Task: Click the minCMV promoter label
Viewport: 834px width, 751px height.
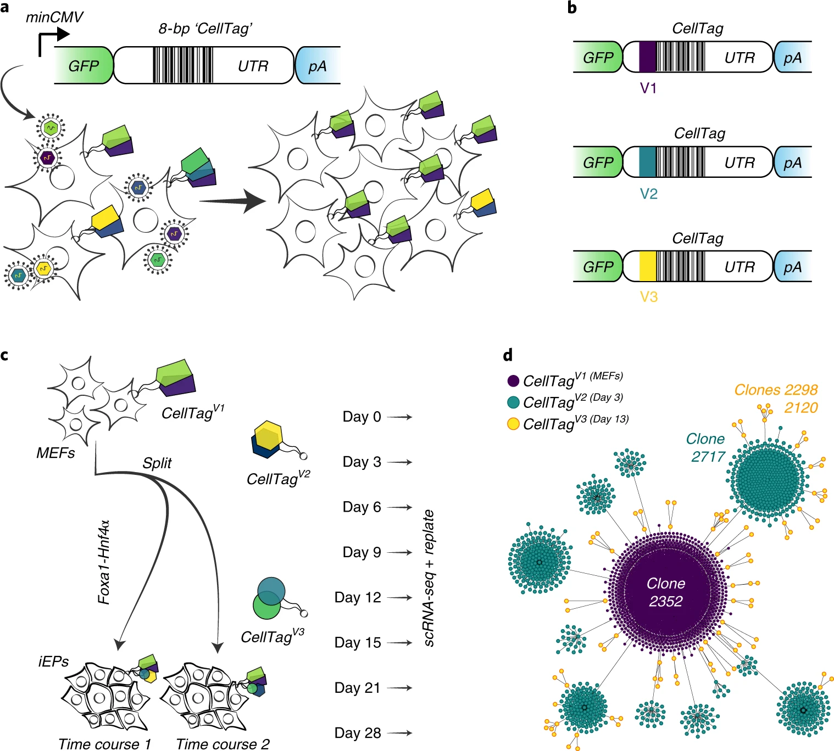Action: [x=54, y=18]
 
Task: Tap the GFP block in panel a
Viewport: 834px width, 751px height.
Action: [x=84, y=65]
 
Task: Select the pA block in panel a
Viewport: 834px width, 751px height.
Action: [x=318, y=65]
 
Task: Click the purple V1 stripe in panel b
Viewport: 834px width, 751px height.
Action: [x=647, y=57]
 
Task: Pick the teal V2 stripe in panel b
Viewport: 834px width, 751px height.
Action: [x=647, y=161]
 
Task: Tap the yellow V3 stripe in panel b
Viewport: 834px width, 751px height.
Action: [x=647, y=266]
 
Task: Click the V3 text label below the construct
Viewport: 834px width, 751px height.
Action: [x=648, y=297]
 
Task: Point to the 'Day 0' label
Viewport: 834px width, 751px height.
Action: [x=362, y=417]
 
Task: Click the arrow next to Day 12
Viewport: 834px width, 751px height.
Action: [x=399, y=598]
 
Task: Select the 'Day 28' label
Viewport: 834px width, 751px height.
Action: [x=358, y=733]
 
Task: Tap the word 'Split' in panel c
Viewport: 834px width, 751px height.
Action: [x=157, y=463]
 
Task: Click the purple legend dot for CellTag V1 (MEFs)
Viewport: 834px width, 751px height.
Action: [x=514, y=380]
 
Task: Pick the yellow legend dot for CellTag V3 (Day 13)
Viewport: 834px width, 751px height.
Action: [x=514, y=424]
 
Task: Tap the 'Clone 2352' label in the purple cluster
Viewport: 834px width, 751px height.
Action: [x=666, y=592]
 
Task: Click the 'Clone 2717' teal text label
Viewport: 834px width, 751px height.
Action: [x=705, y=447]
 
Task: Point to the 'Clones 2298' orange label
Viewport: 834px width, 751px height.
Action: [x=776, y=390]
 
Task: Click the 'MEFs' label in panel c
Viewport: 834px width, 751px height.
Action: [x=55, y=453]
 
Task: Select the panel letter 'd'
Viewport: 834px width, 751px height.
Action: [x=508, y=355]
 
